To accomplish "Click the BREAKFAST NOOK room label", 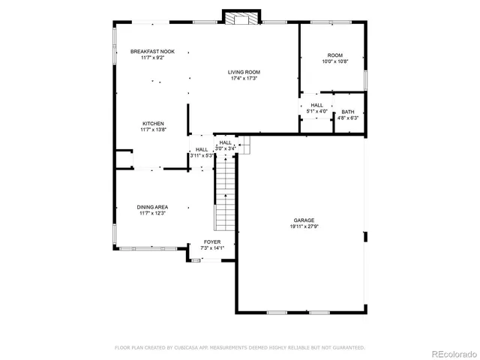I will coord(152,52).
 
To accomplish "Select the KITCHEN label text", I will coord(153,124).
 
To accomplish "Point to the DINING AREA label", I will coord(152,207).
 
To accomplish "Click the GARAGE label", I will coord(304,220).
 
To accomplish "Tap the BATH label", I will coord(348,112).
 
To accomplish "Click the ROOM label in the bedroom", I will coord(334,55).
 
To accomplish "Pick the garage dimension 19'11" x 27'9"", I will coord(304,226).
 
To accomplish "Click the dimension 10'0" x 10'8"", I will coord(334,61).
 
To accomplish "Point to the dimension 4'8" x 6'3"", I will coord(348,118).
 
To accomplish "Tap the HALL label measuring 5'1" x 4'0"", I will coord(316,105).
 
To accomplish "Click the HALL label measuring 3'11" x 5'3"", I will coord(202,149).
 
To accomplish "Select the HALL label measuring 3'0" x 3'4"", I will coord(225,142).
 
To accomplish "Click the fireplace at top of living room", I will coord(242,17).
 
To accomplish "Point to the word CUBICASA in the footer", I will coord(189,348).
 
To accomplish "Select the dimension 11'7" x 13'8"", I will coord(153,130).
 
